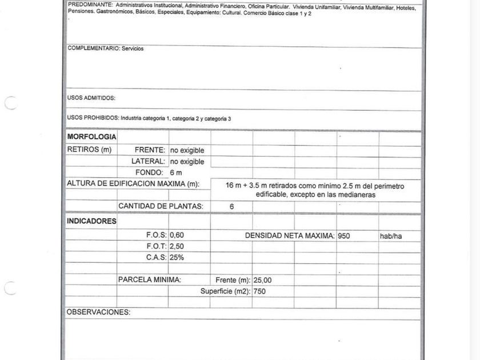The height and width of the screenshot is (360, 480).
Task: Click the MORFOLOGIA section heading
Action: click(x=91, y=137)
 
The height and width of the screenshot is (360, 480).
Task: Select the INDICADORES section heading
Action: click(x=91, y=221)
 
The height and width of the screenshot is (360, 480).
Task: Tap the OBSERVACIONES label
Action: click(x=98, y=313)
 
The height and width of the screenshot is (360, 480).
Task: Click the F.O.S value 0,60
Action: click(x=177, y=235)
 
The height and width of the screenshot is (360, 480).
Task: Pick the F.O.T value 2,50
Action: click(x=177, y=246)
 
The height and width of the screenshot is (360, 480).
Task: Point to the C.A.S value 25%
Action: click(x=177, y=258)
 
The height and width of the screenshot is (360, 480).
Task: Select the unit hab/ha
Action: click(x=391, y=236)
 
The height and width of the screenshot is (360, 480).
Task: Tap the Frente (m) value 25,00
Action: click(x=263, y=281)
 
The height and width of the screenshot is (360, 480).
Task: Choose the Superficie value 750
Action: click(x=260, y=291)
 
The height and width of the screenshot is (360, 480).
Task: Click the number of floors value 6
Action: click(x=231, y=207)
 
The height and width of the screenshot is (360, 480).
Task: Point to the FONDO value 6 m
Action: click(x=175, y=173)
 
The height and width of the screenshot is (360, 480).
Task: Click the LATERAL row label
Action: click(x=148, y=162)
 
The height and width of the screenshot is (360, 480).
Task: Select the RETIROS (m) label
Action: click(x=89, y=150)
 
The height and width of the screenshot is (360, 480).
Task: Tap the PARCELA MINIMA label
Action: click(x=149, y=280)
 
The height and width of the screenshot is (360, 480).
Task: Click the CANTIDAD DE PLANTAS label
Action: click(x=160, y=206)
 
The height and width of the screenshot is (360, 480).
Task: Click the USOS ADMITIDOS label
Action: click(x=91, y=98)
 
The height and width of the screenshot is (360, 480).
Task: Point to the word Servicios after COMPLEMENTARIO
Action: click(x=133, y=49)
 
